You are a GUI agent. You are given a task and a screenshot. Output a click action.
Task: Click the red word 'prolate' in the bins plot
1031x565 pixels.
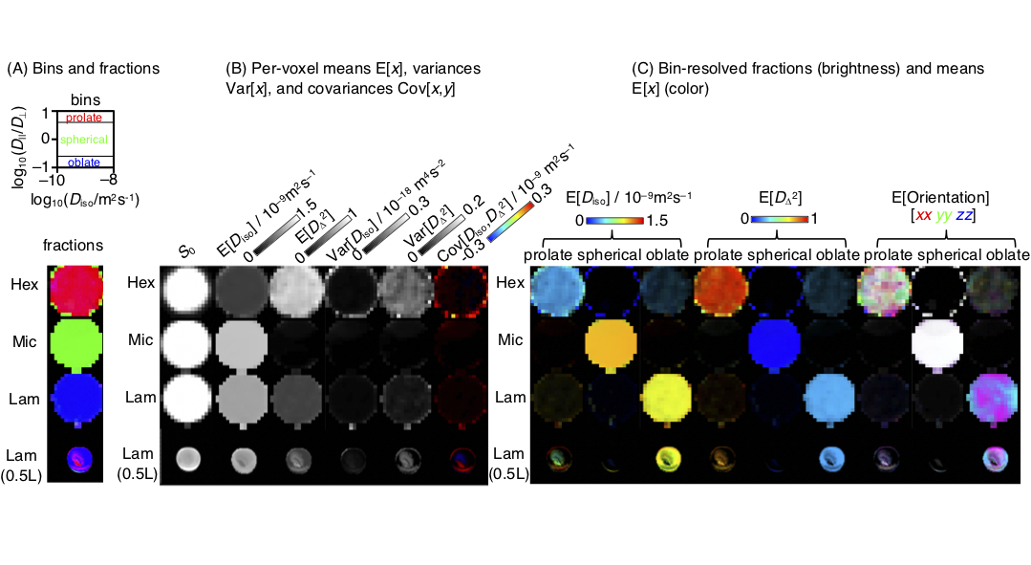84,118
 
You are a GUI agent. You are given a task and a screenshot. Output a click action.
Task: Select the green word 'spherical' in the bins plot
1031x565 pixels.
84,140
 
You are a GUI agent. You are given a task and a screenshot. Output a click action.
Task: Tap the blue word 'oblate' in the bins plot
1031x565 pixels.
84,163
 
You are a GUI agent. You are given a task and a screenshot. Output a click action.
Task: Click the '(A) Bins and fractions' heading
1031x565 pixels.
83,69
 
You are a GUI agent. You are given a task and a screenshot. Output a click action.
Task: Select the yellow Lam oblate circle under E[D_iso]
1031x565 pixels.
668,396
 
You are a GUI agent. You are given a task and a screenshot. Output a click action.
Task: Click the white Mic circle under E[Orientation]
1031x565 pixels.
945,341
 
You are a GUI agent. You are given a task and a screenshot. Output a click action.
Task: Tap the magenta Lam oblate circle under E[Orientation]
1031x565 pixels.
999,396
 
